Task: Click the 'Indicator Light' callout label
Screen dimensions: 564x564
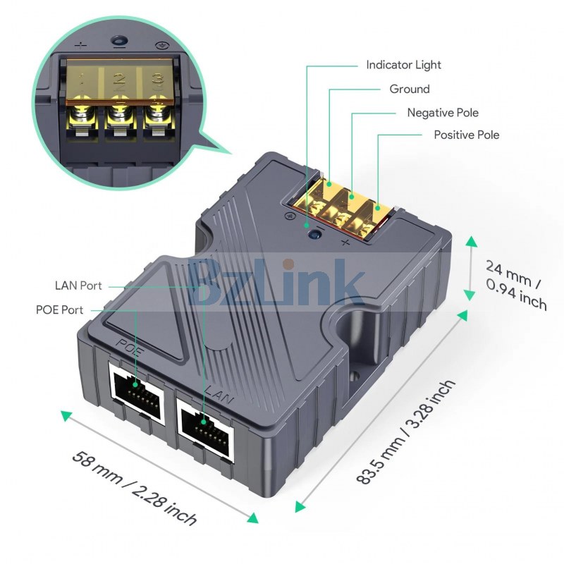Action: [403, 65]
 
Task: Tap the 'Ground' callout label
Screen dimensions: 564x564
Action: [410, 89]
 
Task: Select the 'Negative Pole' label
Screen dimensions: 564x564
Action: [443, 113]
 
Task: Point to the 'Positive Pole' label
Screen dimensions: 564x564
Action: [467, 135]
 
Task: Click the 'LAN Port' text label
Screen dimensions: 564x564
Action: [78, 286]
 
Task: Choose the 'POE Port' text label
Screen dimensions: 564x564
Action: [59, 309]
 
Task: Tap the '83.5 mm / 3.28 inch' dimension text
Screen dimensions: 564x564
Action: [406, 431]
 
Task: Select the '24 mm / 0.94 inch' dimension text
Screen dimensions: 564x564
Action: [516, 286]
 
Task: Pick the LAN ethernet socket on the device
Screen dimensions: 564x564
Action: [205, 429]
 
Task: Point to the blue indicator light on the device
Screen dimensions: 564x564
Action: [315, 235]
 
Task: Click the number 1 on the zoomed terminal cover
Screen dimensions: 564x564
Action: [81, 79]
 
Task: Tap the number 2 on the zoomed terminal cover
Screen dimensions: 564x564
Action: [119, 79]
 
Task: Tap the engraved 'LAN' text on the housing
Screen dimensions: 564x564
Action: [219, 395]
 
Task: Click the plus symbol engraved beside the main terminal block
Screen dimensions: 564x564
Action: [345, 243]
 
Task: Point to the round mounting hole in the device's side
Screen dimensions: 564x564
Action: [355, 376]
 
